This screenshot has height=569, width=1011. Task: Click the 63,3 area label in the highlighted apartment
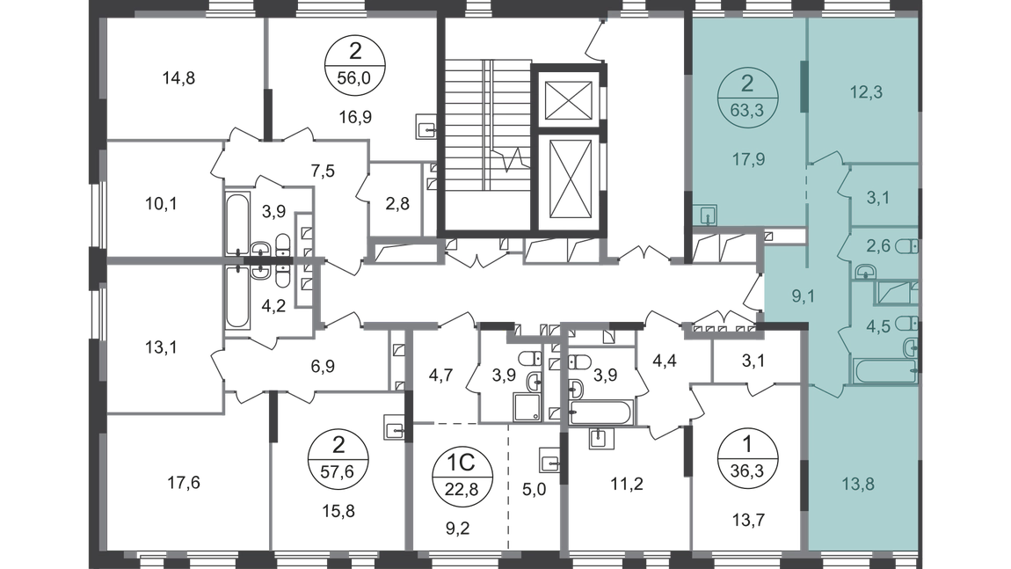click(x=746, y=110)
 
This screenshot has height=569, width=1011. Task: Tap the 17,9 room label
click(x=746, y=160)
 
